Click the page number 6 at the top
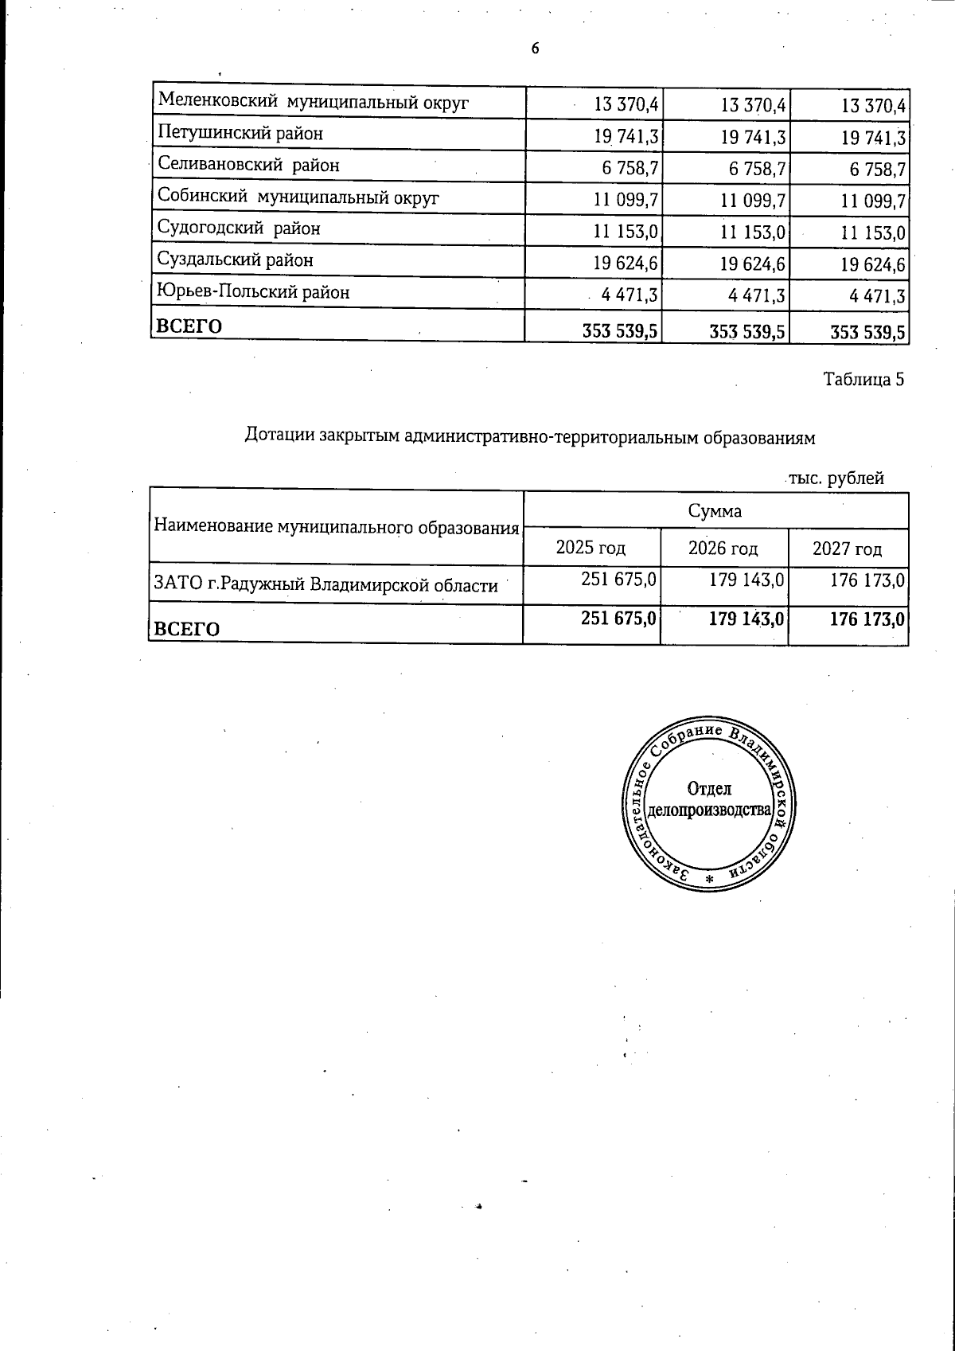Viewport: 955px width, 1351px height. (x=535, y=49)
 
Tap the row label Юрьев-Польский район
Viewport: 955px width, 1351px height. (x=253, y=292)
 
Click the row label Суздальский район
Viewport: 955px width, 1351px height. (x=236, y=260)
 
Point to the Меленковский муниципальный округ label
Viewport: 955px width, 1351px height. (x=314, y=102)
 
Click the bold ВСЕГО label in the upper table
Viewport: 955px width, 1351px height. (x=189, y=326)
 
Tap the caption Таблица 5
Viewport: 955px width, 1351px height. (x=863, y=379)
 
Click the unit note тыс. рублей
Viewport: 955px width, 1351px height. (x=836, y=478)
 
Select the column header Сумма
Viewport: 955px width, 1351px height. (x=715, y=511)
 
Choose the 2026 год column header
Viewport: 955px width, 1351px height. (x=723, y=549)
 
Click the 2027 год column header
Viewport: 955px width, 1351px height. (x=847, y=549)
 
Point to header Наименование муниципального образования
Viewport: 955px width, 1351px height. (x=336, y=526)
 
